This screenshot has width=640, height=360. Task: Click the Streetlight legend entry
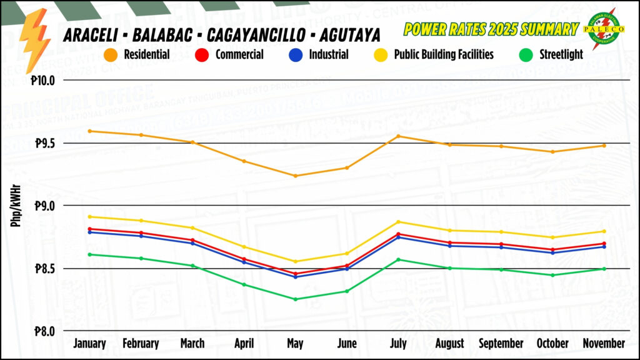click(x=551, y=54)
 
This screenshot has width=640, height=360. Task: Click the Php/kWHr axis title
click(x=16, y=206)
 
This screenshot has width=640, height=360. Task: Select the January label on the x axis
click(x=89, y=344)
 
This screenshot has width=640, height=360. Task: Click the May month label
click(x=295, y=344)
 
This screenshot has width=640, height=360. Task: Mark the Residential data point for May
click(x=295, y=176)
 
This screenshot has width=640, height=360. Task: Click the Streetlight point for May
click(x=295, y=299)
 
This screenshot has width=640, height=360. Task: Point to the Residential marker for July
click(x=398, y=136)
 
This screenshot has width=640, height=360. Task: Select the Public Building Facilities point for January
click(x=90, y=217)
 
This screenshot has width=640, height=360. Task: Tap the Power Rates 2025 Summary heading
click(x=491, y=29)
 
